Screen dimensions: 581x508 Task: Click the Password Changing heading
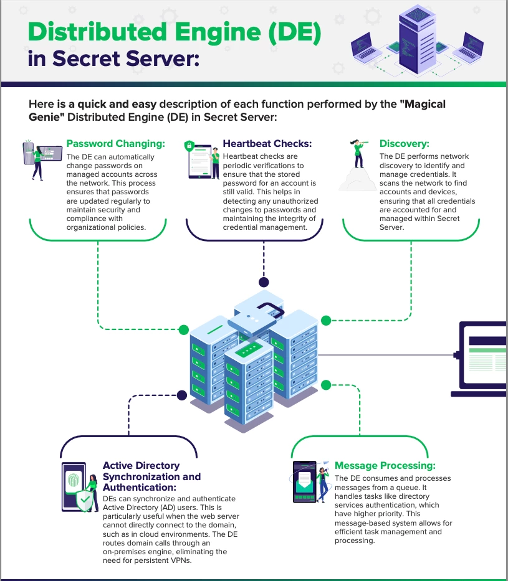pyautogui.click(x=115, y=144)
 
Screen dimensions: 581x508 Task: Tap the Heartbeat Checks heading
pyautogui.click(x=267, y=144)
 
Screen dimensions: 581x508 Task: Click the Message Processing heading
pyautogui.click(x=385, y=465)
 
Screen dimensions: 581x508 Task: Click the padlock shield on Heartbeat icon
pyautogui.click(x=189, y=146)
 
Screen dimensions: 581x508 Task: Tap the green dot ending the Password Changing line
pyautogui.click(x=184, y=329)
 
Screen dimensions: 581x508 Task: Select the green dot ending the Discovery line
pyautogui.click(x=325, y=320)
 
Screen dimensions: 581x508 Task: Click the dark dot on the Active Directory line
pyautogui.click(x=181, y=395)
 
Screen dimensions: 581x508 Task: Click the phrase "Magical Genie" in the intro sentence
pyautogui.click(x=423, y=104)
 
